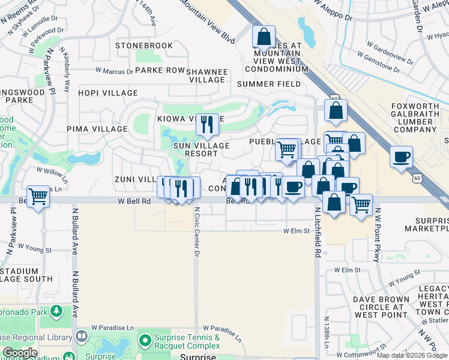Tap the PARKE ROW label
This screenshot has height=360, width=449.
pos(160,70)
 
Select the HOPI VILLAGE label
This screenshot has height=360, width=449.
pos(108,93)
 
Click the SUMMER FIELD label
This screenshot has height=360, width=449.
pos(268,84)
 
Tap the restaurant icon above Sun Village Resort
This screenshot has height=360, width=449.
pos(207,125)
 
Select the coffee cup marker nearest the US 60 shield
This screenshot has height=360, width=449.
pos(401,157)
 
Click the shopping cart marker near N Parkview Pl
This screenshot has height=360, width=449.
pos(38,196)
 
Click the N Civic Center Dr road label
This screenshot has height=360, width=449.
pos(196,232)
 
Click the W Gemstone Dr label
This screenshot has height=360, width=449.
pos(378,62)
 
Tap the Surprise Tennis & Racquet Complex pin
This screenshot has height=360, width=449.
pos(144,341)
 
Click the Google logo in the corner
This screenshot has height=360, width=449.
pos(20,353)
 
